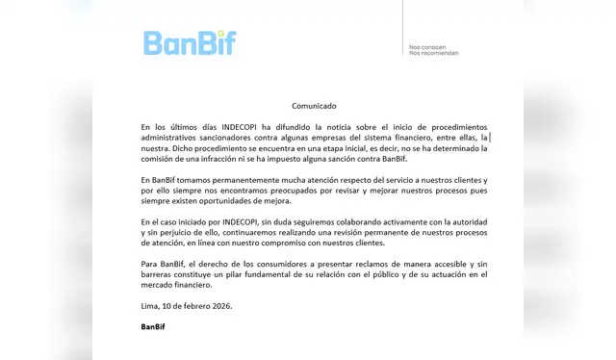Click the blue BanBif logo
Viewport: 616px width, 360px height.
point(189,42)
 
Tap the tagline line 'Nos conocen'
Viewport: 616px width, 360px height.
point(428,45)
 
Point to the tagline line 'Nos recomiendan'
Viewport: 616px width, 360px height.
point(434,53)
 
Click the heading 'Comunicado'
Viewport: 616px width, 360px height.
point(315,106)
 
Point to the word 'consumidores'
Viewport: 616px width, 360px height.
point(276,264)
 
